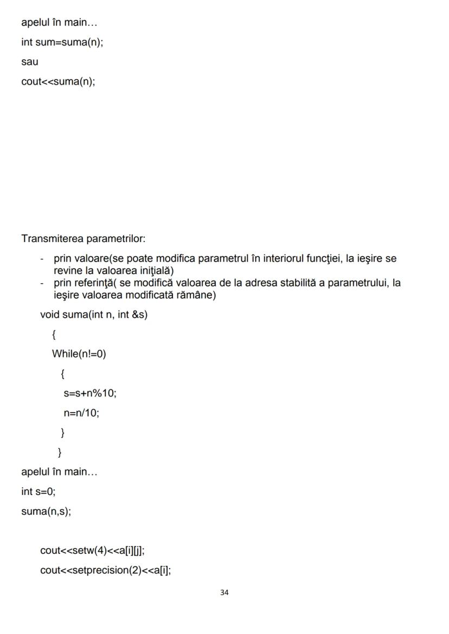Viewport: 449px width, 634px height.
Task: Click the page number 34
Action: coord(224,593)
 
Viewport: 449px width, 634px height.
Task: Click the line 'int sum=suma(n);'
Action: coord(62,43)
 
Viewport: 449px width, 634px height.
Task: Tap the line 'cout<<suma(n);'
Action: coord(58,82)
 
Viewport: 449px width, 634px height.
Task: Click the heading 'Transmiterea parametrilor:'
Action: coord(83,238)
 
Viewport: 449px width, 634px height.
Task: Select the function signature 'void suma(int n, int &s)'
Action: coord(94,315)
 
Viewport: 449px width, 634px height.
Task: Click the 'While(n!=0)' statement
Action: coord(79,354)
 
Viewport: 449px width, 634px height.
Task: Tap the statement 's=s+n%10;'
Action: coord(90,393)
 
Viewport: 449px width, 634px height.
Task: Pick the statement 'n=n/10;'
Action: coord(81,413)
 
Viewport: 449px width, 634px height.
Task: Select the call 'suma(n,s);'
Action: coord(46,511)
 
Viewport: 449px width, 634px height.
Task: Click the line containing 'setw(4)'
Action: coord(92,551)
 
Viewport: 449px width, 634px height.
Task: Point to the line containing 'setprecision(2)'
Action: coord(105,570)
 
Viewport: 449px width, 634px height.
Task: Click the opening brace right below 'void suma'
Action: coord(54,335)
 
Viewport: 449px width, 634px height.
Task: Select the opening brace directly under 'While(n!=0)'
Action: coord(63,374)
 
